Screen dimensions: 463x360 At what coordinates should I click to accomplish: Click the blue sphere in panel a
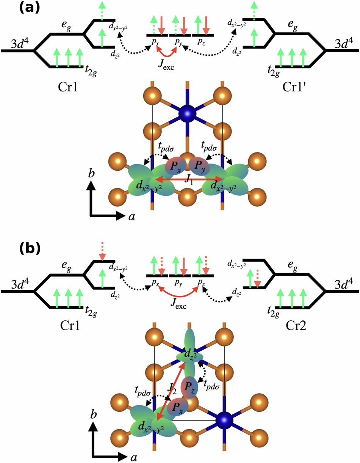pos(188,113)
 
